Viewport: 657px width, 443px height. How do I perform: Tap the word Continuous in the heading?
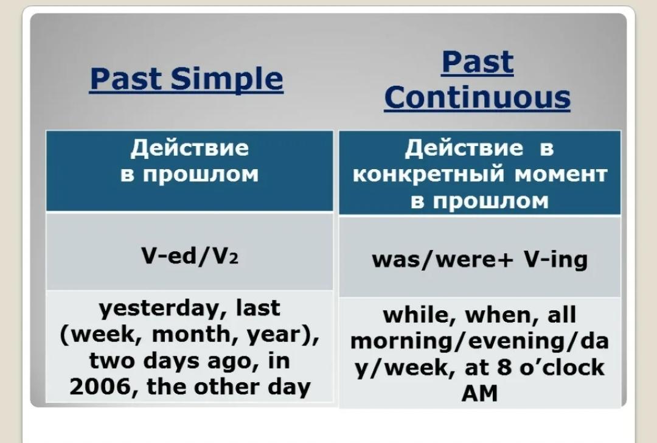[478, 97]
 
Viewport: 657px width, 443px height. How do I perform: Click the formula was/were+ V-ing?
[480, 260]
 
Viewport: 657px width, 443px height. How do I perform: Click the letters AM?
[479, 394]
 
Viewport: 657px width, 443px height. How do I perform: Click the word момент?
[561, 175]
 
